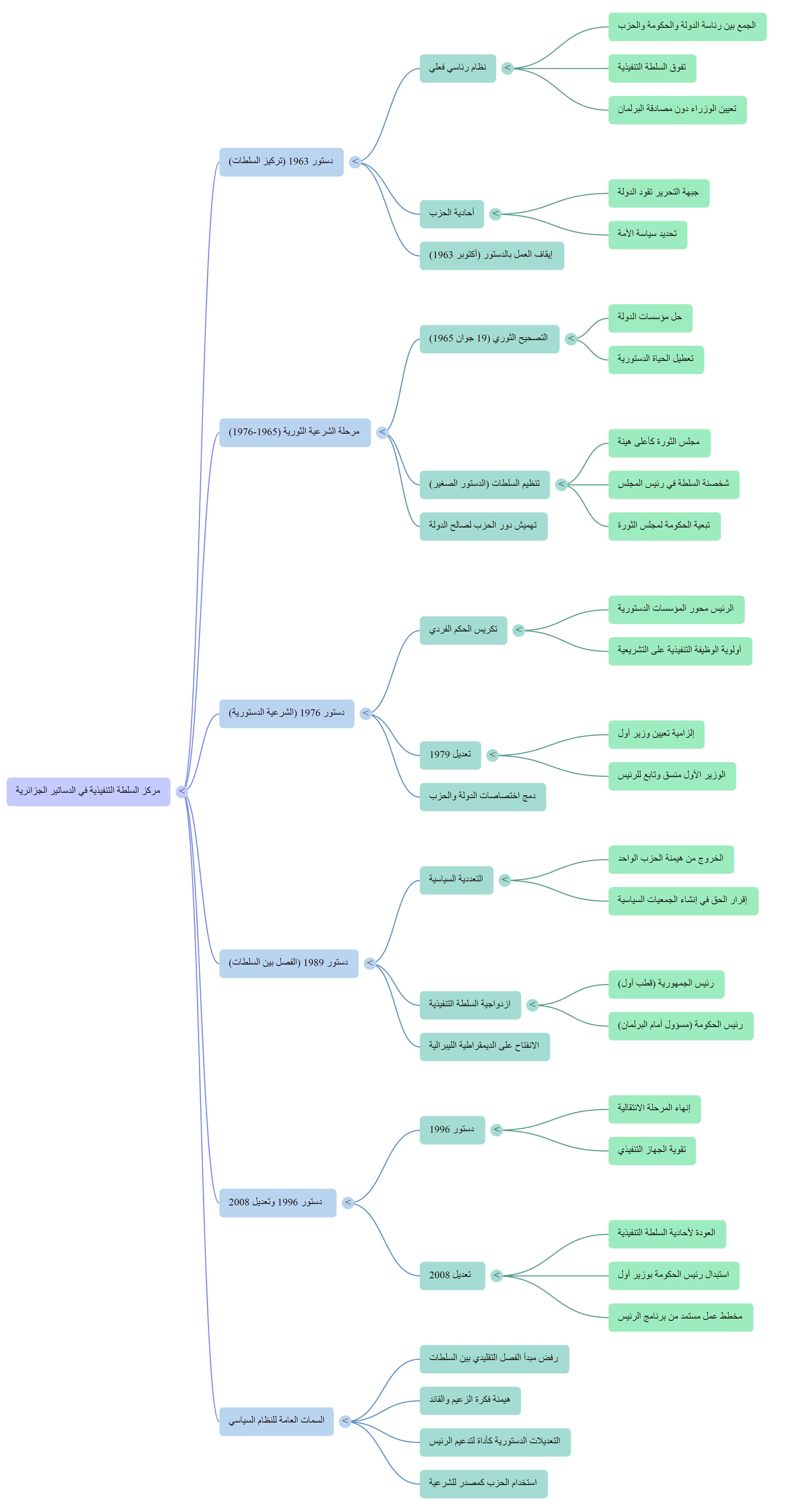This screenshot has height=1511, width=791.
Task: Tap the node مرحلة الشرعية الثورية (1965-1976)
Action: (x=295, y=432)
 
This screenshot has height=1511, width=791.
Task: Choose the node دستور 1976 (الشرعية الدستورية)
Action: (x=286, y=713)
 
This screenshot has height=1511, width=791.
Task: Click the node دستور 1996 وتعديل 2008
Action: (x=278, y=1202)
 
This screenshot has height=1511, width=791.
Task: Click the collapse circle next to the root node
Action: (x=182, y=791)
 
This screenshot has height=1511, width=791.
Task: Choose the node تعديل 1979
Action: (x=450, y=755)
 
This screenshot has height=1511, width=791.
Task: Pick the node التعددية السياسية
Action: (x=456, y=880)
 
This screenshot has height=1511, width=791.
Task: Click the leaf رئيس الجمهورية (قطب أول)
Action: (x=666, y=984)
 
